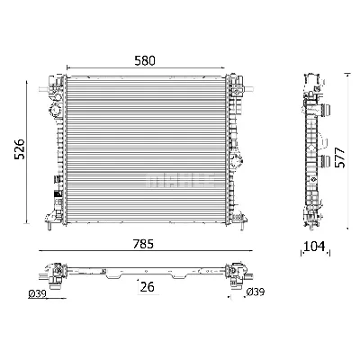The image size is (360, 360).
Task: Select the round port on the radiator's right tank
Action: pos(238,162)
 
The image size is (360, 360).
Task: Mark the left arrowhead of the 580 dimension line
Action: pos(68,68)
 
